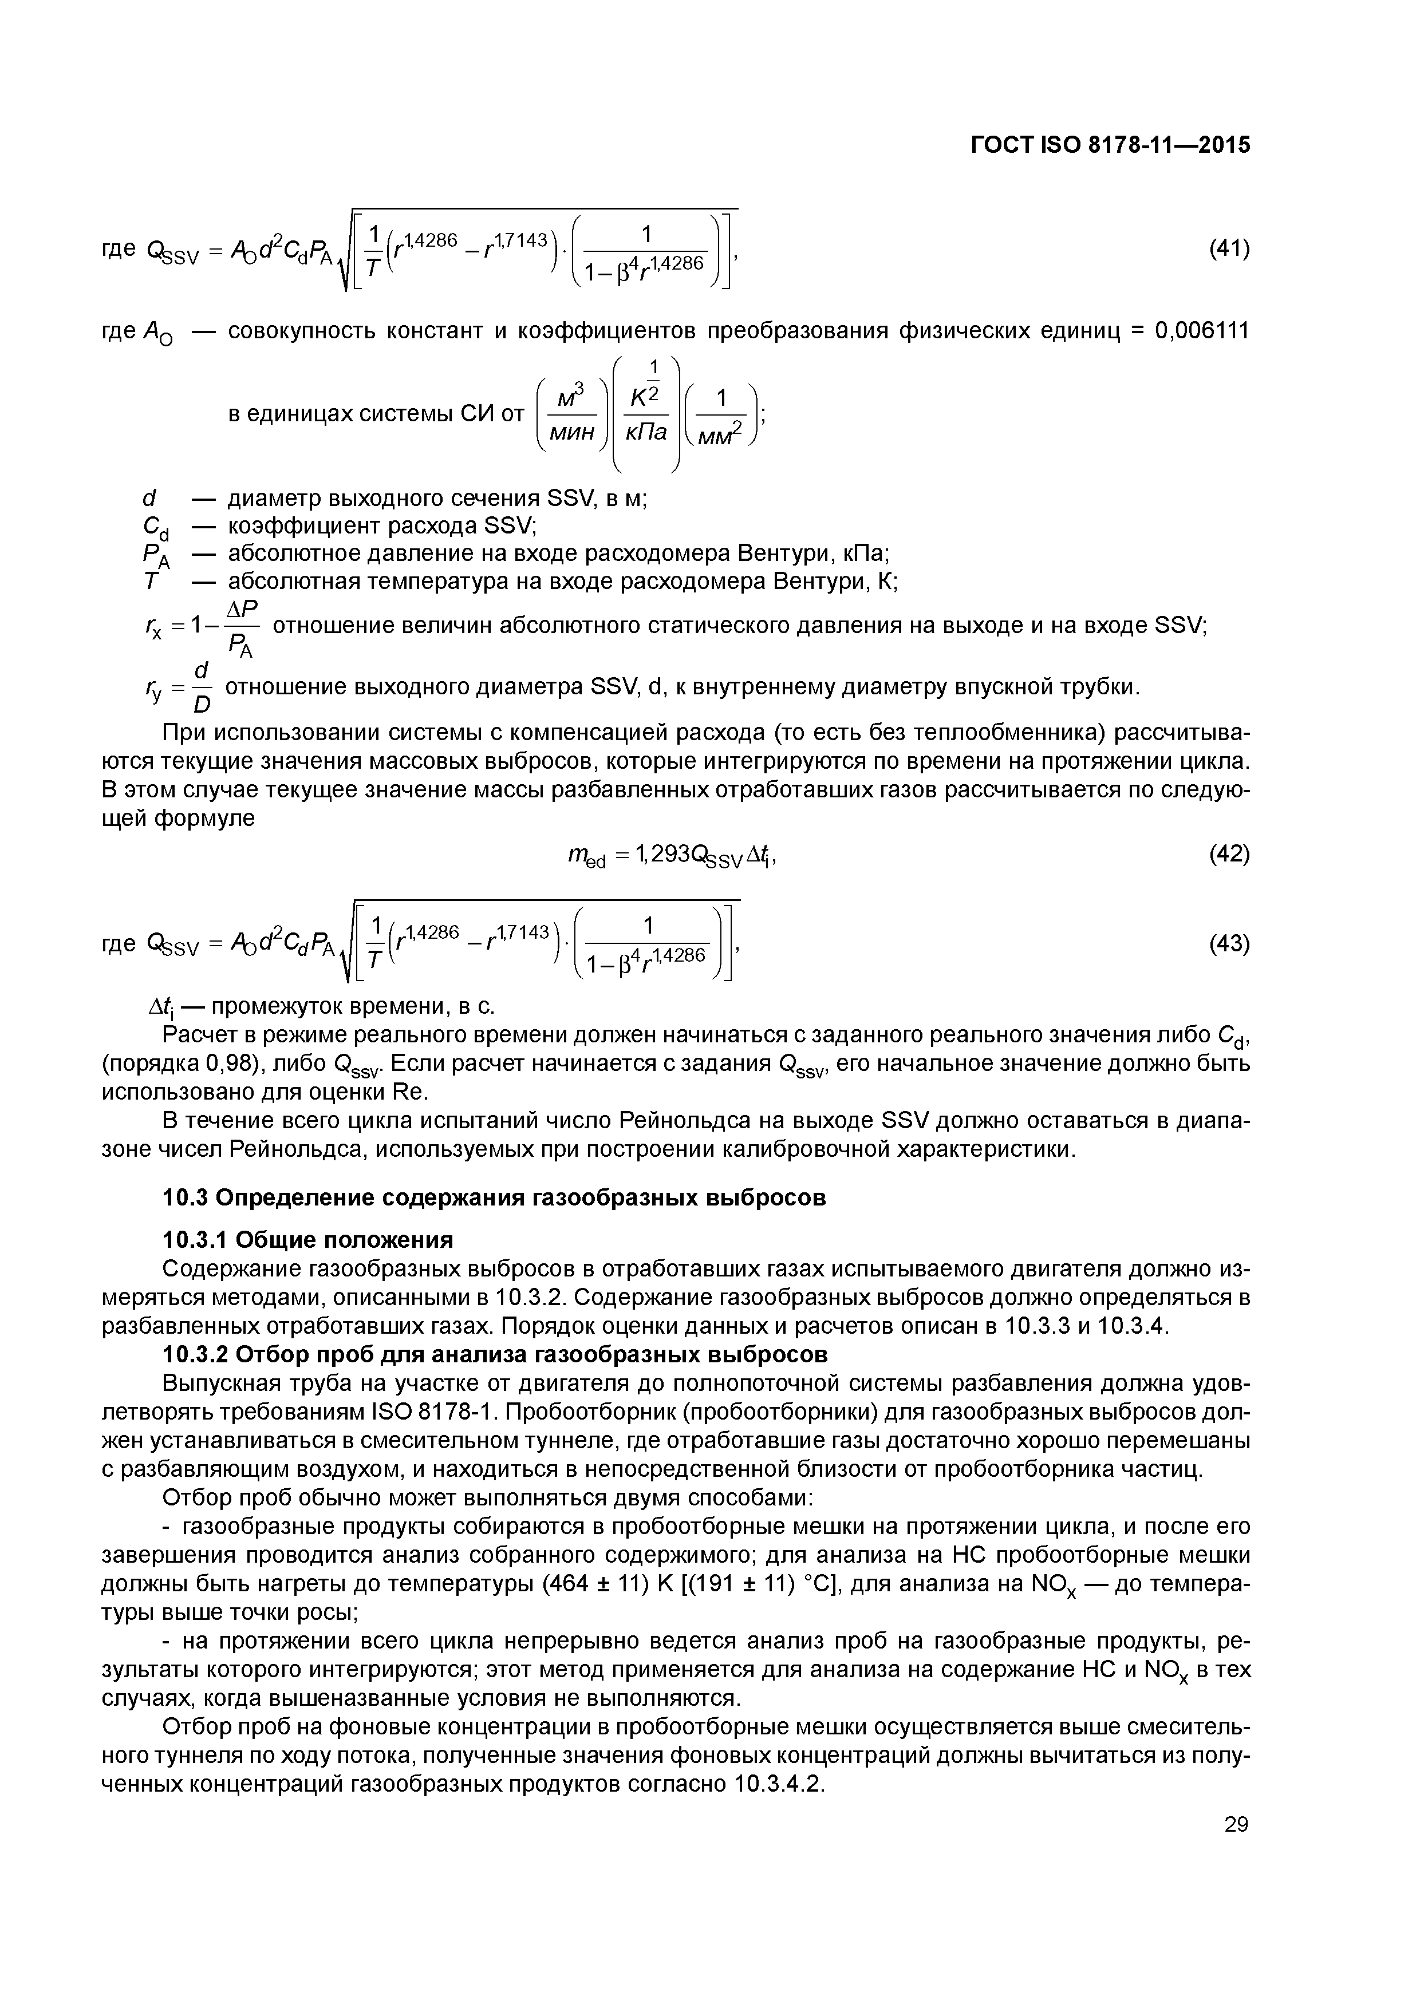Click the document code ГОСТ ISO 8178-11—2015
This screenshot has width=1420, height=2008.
[1110, 145]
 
